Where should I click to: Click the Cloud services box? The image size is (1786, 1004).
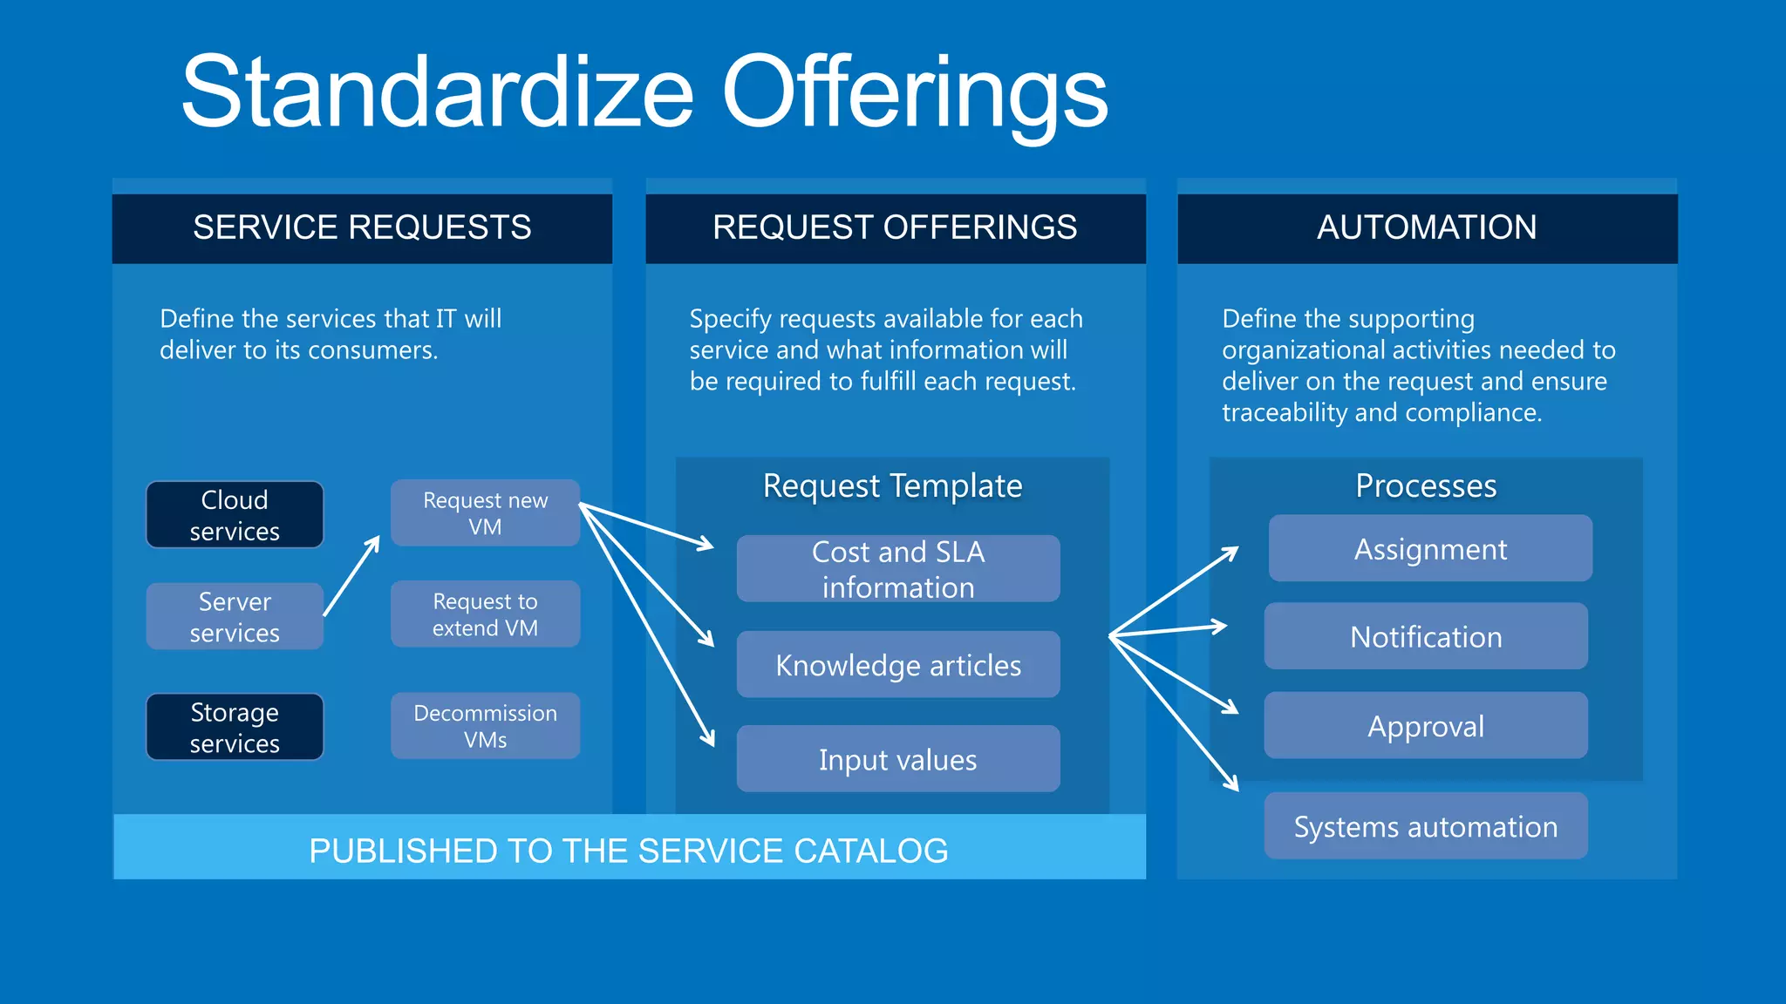(235, 515)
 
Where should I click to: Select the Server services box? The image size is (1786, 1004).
(235, 616)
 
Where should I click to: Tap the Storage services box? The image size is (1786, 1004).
(235, 727)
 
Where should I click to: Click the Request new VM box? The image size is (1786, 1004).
(485, 513)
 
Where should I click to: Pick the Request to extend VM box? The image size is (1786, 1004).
(485, 614)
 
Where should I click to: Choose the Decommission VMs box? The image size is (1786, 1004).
(485, 726)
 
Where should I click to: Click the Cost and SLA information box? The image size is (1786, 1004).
(898, 569)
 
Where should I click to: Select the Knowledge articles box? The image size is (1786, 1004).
(898, 665)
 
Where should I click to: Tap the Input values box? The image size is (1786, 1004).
(898, 759)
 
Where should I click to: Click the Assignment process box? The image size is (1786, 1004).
(1430, 549)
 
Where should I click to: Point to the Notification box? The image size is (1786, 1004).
(1426, 637)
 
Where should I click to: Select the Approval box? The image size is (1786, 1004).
(1426, 726)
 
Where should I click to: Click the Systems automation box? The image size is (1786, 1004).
(1426, 826)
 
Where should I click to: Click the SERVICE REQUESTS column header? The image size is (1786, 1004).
(362, 227)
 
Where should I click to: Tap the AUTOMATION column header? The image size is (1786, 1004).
(1427, 227)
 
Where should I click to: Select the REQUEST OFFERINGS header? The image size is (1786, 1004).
(895, 227)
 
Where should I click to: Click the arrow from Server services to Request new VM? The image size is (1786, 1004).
(351, 576)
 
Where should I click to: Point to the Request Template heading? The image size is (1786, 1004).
(892, 485)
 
